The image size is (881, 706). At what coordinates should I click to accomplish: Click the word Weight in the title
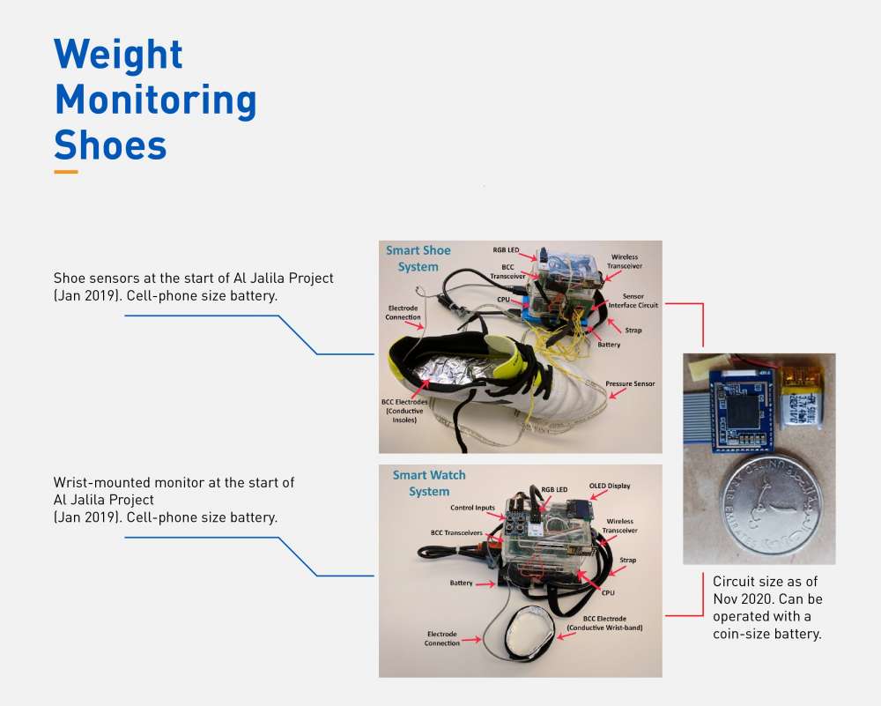[x=118, y=55]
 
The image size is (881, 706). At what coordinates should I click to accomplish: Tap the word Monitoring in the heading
[x=156, y=100]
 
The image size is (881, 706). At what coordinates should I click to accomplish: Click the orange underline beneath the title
[x=66, y=172]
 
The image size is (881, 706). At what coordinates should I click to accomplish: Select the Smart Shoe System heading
[x=418, y=258]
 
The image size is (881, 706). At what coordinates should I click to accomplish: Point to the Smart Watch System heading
[x=429, y=483]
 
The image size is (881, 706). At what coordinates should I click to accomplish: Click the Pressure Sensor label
[x=630, y=384]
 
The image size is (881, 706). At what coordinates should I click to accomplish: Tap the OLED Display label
[x=610, y=486]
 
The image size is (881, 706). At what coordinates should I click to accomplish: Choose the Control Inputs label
[x=472, y=508]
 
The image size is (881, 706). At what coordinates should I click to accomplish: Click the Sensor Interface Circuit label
[x=633, y=301]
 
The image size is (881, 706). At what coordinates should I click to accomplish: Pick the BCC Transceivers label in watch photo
[x=456, y=533]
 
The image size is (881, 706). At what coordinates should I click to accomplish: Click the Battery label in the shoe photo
[x=609, y=345]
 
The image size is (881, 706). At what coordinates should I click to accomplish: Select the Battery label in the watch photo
[x=461, y=583]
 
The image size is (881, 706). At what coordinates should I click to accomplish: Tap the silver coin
[x=771, y=504]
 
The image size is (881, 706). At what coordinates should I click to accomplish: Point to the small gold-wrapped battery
[x=802, y=397]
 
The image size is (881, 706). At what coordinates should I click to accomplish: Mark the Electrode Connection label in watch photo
[x=441, y=638]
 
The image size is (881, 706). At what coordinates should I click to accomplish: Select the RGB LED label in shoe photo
[x=506, y=250]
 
